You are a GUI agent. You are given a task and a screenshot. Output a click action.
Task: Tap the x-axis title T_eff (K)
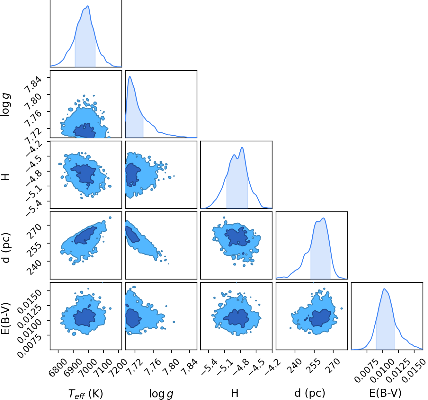[86, 394]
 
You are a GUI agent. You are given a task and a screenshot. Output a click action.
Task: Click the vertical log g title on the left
[5, 105]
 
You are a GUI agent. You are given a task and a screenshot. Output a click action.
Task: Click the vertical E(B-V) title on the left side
[5, 318]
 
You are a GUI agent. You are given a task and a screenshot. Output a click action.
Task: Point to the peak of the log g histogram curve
[130, 76]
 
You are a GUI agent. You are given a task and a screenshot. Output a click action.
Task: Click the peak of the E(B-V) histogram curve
[384, 289]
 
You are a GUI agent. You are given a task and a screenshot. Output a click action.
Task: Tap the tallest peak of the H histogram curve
[242, 147]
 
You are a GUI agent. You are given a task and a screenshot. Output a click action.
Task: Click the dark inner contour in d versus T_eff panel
[86, 236]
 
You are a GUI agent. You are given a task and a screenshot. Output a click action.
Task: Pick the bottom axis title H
[235, 393]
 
